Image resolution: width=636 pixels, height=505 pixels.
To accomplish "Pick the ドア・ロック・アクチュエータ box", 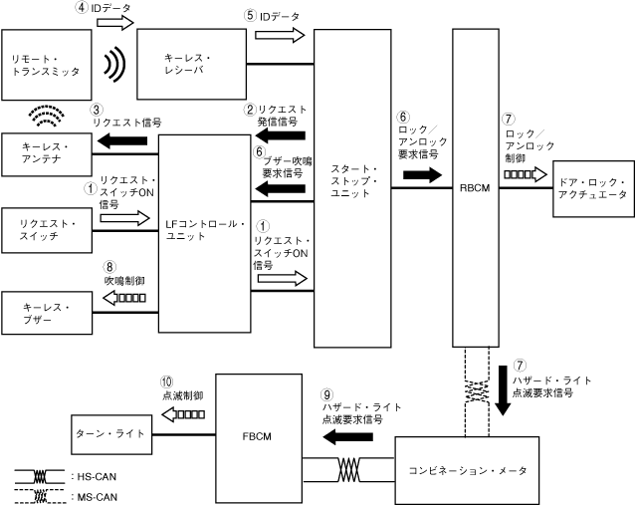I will [591, 187].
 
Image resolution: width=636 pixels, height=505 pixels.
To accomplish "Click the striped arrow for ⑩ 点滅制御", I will [184, 414].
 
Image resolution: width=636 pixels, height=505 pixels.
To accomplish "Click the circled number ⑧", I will [107, 267].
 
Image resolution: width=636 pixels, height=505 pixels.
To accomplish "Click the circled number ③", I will [97, 110].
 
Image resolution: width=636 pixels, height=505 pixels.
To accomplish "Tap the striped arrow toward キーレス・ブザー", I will [126, 297].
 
